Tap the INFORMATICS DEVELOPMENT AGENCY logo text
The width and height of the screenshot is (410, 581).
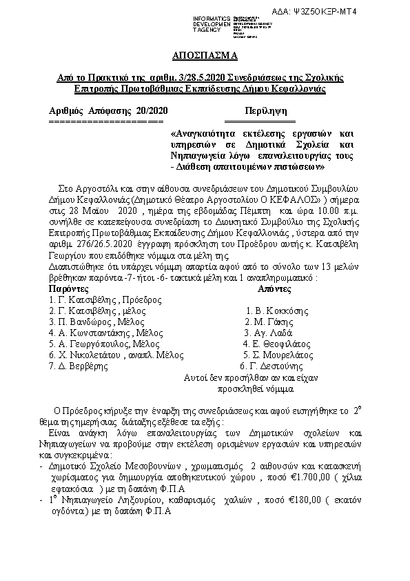coord(213,21)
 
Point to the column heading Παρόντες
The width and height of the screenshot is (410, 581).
coord(68,288)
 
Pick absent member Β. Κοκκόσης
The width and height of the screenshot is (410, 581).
coord(271,311)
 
